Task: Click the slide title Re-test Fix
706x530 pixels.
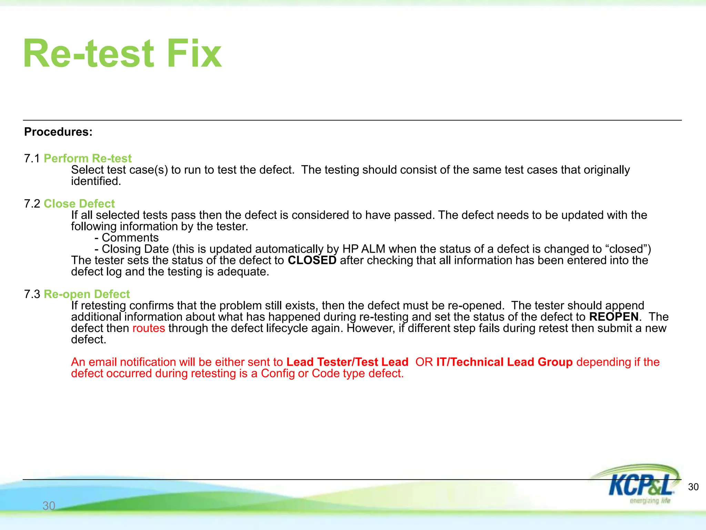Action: [122, 53]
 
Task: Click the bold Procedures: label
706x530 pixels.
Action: [58, 132]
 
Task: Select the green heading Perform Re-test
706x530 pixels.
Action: [88, 158]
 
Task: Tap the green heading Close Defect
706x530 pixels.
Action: [79, 204]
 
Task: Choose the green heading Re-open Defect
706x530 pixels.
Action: [87, 294]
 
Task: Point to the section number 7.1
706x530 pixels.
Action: [32, 158]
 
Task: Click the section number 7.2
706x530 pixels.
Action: [32, 204]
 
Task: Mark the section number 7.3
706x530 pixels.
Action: [32, 294]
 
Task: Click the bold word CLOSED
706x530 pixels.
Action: [312, 260]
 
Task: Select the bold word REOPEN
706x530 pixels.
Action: [614, 317]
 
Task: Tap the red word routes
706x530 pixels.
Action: [149, 328]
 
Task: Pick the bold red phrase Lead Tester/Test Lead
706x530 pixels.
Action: [347, 362]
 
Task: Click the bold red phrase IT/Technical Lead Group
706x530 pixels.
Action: [504, 362]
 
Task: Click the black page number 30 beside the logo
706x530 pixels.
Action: [693, 487]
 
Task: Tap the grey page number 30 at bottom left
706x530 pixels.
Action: [49, 506]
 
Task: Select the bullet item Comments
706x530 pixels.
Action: [130, 238]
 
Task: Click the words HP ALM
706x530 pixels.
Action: [364, 249]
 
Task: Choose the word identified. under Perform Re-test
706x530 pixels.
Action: [96, 181]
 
